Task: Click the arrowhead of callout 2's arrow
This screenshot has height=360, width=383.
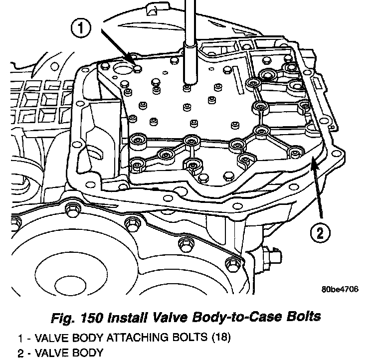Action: [x=312, y=161]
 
